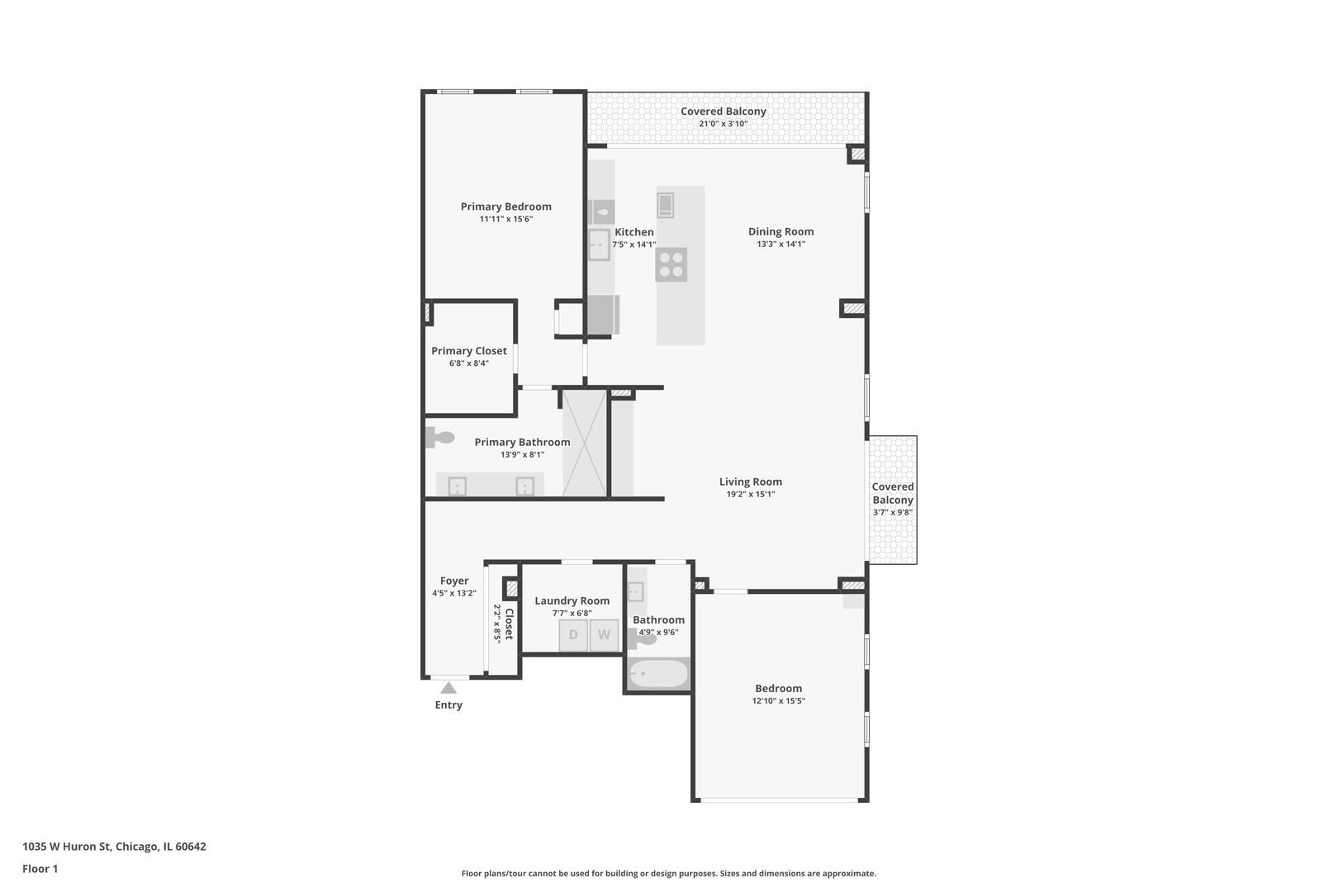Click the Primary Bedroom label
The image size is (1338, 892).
tap(506, 206)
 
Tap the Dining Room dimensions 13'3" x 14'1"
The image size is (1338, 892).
tap(780, 244)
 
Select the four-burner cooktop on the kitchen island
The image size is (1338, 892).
tap(671, 264)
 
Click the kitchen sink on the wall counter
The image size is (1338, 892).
tap(599, 245)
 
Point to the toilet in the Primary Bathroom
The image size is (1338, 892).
tap(439, 438)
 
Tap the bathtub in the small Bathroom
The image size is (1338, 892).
tap(658, 674)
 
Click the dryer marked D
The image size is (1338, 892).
tap(573, 635)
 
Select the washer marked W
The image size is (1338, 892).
tap(604, 635)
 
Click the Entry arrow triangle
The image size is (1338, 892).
tap(448, 688)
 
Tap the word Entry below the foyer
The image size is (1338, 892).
tap(448, 705)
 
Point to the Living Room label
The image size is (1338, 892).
tap(750, 482)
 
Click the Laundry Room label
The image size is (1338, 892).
tap(572, 601)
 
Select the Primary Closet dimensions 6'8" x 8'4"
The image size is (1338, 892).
tap(469, 363)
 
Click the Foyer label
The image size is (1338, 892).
tap(454, 581)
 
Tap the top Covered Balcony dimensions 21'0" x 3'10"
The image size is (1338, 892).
tap(724, 124)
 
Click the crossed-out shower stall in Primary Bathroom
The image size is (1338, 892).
tap(585, 442)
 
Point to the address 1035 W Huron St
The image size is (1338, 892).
tap(66, 847)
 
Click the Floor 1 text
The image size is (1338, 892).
tap(40, 869)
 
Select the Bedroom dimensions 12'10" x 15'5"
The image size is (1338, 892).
tap(778, 701)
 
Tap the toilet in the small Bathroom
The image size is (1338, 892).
tap(642, 638)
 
